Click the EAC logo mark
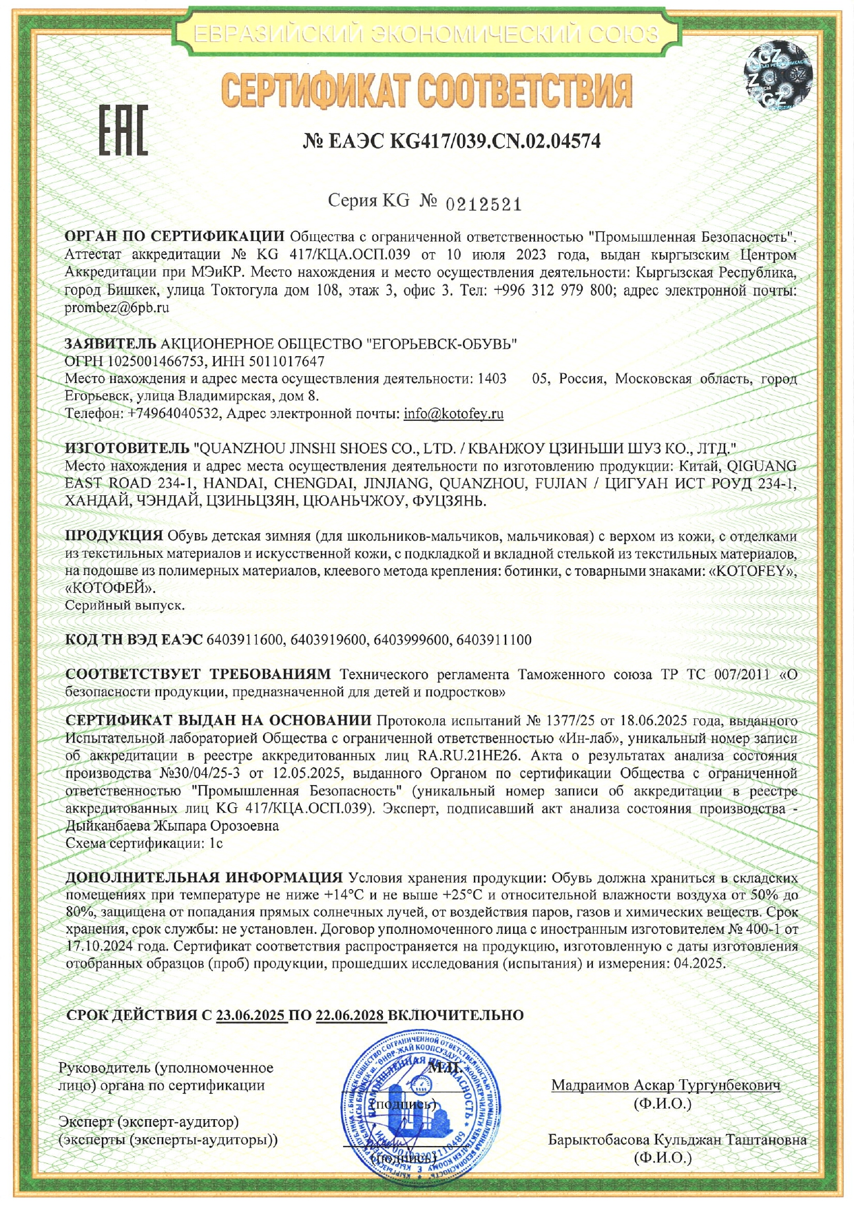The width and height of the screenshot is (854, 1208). pyautogui.click(x=123, y=130)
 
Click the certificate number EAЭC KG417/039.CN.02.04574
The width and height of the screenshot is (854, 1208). pyautogui.click(x=452, y=141)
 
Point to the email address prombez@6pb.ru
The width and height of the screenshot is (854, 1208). pyautogui.click(x=117, y=308)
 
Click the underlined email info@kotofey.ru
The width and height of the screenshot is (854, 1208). pyautogui.click(x=453, y=414)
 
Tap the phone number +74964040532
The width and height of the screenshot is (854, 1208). pyautogui.click(x=174, y=414)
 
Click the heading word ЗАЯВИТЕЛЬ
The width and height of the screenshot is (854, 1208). pyautogui.click(x=110, y=344)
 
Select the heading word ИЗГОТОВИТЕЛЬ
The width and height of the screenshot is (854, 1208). pyautogui.click(x=127, y=448)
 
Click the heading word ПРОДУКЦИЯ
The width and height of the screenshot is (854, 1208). pyautogui.click(x=114, y=536)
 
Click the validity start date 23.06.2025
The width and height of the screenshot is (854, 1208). pyautogui.click(x=251, y=1015)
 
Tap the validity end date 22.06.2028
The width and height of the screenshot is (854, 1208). pyautogui.click(x=351, y=1015)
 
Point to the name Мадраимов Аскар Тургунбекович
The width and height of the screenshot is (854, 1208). pyautogui.click(x=665, y=1085)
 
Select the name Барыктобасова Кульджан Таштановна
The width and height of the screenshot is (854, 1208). pyautogui.click(x=677, y=1139)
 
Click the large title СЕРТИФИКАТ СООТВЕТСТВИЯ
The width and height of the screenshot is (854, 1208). pyautogui.click(x=426, y=92)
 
